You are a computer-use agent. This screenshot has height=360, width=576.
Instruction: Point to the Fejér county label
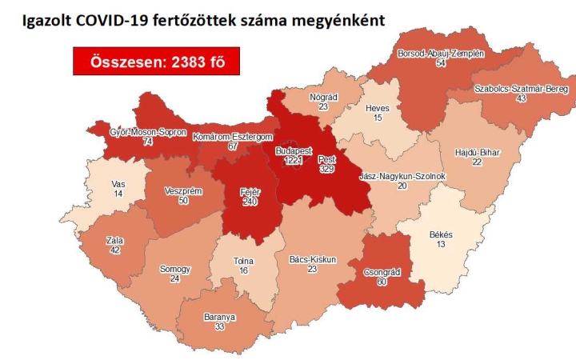[250, 192]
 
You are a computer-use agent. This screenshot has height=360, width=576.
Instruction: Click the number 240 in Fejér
[250, 202]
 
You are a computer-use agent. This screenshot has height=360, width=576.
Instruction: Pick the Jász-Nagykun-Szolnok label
[402, 175]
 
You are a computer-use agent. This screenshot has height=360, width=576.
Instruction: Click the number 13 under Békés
[441, 244]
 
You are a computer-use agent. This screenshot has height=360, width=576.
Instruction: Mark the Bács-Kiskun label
[312, 259]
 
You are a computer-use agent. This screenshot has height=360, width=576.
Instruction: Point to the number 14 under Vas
[118, 194]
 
